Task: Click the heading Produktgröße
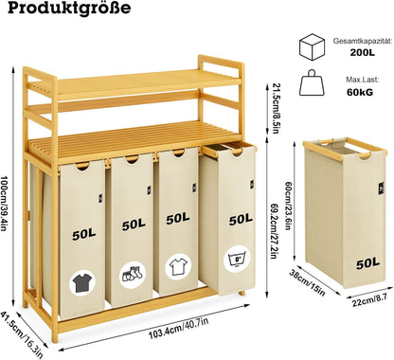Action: coord(69,8)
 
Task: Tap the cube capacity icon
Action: coord(312,47)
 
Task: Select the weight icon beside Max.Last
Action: coord(312,82)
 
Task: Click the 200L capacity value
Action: coord(362,52)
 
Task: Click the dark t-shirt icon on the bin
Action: coord(82,282)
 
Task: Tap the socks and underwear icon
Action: coord(133,274)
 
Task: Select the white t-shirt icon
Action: coord(178,267)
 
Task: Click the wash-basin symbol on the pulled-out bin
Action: coord(237,260)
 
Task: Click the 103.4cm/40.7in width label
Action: coord(179,329)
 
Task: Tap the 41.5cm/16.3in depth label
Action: coord(22,334)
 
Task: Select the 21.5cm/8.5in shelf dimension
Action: coord(276,108)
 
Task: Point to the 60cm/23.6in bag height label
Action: coord(288,206)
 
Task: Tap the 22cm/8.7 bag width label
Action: coord(369,300)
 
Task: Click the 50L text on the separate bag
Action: coord(367,263)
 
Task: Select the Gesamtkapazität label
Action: coord(363,41)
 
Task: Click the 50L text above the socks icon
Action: coord(134,225)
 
